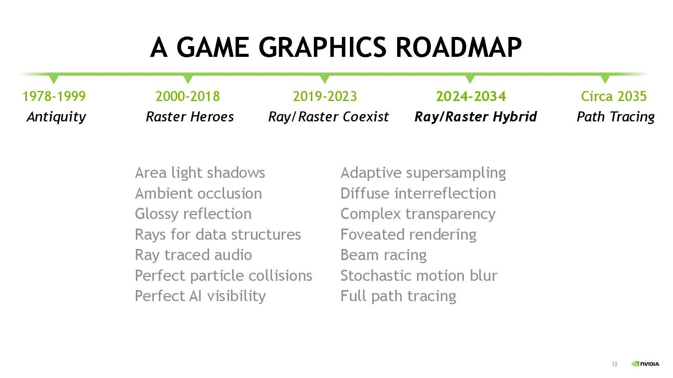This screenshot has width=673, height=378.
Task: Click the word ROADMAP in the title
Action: click(459, 47)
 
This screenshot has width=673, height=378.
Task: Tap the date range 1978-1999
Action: click(54, 96)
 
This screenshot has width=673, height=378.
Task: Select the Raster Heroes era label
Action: click(190, 116)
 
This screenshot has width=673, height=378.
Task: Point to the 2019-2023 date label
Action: click(325, 96)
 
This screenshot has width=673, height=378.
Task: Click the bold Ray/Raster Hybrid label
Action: click(476, 117)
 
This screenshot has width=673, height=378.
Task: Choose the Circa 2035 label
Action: click(614, 96)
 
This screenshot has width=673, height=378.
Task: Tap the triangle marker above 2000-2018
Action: click(188, 79)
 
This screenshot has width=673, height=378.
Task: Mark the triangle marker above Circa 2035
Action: click(605, 79)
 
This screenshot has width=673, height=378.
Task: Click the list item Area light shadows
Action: click(200, 173)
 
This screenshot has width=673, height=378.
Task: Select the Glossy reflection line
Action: click(193, 214)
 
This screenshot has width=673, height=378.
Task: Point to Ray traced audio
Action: click(193, 255)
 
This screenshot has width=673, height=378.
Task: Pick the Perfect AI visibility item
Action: click(200, 297)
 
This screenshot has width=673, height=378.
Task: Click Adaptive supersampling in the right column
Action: click(423, 173)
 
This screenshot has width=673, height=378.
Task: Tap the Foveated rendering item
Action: click(409, 235)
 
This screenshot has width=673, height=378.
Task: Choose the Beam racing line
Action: click(384, 255)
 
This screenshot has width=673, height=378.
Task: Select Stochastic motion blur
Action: click(419, 276)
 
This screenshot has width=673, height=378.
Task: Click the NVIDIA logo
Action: click(646, 364)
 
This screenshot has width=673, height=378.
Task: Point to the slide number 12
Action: click(615, 364)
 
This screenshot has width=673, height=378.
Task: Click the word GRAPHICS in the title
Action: click(323, 47)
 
